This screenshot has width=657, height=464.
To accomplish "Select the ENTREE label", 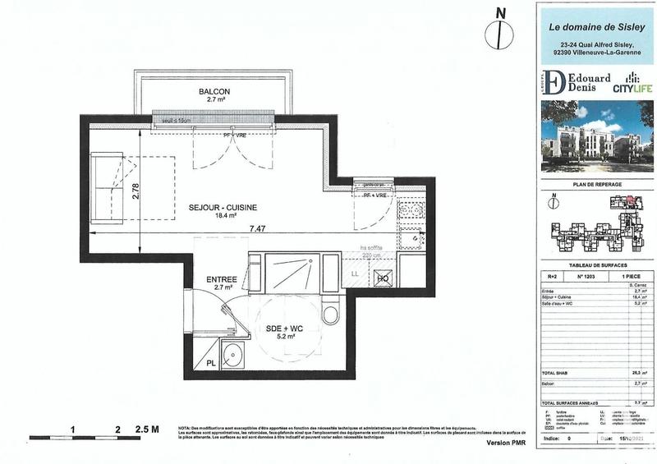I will pyautogui.click(x=221, y=279).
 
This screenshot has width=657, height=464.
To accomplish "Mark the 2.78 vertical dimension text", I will pyautogui.click(x=136, y=191).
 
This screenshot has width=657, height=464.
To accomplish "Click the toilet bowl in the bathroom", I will pyautogui.click(x=331, y=313).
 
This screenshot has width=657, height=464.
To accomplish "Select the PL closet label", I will pyautogui.click(x=211, y=362).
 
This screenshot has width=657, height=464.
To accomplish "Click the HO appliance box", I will pyautogui.click(x=382, y=278).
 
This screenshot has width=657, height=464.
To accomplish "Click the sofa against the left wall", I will pyautogui.click(x=105, y=188).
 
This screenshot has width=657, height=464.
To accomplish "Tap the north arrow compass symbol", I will pyautogui.click(x=495, y=31).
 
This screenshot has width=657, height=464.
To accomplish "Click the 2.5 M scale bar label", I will pyautogui.click(x=147, y=429).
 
